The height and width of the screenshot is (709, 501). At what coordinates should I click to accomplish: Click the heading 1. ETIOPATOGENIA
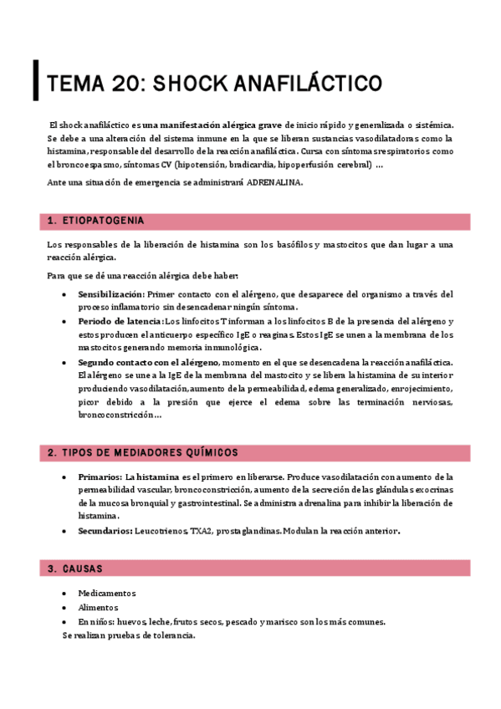click(95, 221)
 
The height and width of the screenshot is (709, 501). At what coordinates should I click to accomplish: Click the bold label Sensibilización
click(110, 294)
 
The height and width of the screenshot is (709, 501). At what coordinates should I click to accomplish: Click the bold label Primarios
click(100, 476)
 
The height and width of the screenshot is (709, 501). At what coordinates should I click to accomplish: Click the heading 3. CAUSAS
click(75, 569)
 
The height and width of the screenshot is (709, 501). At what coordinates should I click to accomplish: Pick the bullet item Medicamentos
click(107, 594)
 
